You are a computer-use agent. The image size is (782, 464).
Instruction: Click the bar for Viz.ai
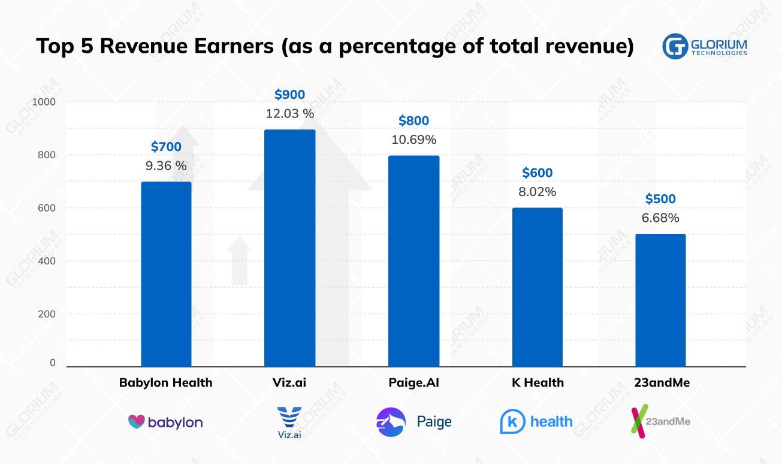click(289, 248)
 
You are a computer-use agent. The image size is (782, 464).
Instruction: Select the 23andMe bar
click(660, 300)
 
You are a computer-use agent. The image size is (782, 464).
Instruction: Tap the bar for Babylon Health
click(166, 274)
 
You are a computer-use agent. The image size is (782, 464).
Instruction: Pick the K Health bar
click(538, 287)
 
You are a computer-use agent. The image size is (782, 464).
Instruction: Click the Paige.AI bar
click(413, 261)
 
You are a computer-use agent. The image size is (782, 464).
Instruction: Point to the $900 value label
click(289, 94)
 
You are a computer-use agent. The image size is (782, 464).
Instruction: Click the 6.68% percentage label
click(660, 218)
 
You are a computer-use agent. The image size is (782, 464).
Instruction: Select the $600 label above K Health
click(538, 173)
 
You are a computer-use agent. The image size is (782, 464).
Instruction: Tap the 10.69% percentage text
click(413, 140)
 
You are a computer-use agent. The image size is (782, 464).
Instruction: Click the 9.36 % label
click(166, 165)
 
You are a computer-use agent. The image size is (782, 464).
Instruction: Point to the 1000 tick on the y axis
click(43, 102)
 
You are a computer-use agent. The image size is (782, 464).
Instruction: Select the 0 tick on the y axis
click(53, 363)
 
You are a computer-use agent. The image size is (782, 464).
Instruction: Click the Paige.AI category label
click(413, 382)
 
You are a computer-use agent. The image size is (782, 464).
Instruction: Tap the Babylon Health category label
click(166, 382)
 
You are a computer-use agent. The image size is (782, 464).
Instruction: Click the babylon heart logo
click(137, 421)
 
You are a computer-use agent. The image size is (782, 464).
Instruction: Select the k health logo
click(536, 421)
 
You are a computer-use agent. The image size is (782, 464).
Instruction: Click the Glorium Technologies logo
click(705, 47)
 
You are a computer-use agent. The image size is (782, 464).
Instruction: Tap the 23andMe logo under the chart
click(660, 421)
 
